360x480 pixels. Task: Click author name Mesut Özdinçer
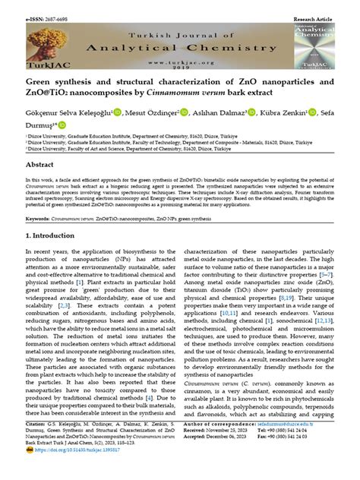click(x=149, y=112)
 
